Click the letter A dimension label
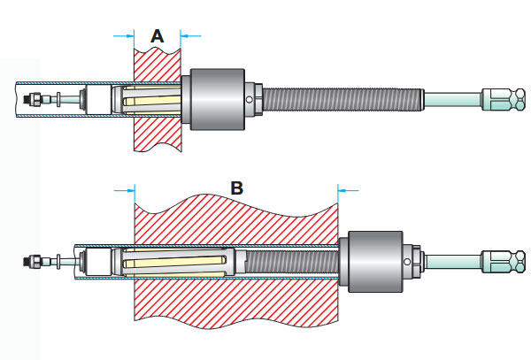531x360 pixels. [158, 35]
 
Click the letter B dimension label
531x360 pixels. [236, 188]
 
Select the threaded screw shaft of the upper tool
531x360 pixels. [345, 98]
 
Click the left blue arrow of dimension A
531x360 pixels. [123, 35]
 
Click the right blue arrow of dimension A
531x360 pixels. [190, 35]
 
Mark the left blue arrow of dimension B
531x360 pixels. [124, 188]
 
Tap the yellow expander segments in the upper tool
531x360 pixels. [150, 98]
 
